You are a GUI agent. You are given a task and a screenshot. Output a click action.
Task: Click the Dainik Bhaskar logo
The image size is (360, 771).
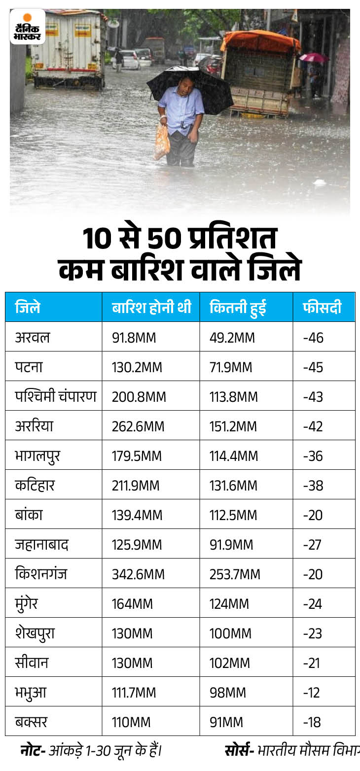pyautogui.click(x=28, y=27)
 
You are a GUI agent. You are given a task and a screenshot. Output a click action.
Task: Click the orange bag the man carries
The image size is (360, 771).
pyautogui.click(x=161, y=141)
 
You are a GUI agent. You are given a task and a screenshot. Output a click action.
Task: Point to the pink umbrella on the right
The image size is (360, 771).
pyautogui.click(x=313, y=58)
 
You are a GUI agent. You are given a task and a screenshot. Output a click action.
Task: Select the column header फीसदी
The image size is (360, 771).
pyautogui.click(x=322, y=308)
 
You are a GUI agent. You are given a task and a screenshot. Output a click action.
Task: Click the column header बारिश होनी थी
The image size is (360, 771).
pyautogui.click(x=151, y=308)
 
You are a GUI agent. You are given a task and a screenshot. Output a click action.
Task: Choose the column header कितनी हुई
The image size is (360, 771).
pyautogui.click(x=238, y=308)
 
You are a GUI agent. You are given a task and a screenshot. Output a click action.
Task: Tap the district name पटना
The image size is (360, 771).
pyautogui.click(x=29, y=367)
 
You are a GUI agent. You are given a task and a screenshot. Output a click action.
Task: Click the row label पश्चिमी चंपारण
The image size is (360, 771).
pyautogui.click(x=55, y=396)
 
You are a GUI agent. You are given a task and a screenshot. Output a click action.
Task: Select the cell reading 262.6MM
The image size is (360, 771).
pyautogui.click(x=138, y=426)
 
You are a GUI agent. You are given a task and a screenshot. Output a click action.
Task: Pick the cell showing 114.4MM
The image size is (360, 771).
pyautogui.click(x=233, y=456)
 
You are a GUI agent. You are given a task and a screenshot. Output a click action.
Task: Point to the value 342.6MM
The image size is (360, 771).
pyautogui.click(x=139, y=574)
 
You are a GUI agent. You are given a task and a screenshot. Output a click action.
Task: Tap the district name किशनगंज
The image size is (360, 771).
pyautogui.click(x=41, y=574)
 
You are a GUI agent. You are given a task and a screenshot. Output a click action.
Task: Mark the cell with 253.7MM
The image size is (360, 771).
pyautogui.click(x=234, y=574)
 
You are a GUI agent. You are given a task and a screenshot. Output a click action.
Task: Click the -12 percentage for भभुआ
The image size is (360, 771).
pyautogui.click(x=312, y=693)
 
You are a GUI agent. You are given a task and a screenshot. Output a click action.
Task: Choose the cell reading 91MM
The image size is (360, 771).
pyautogui.click(x=226, y=722)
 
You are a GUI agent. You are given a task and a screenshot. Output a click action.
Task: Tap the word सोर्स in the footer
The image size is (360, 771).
pyautogui.click(x=239, y=751)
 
